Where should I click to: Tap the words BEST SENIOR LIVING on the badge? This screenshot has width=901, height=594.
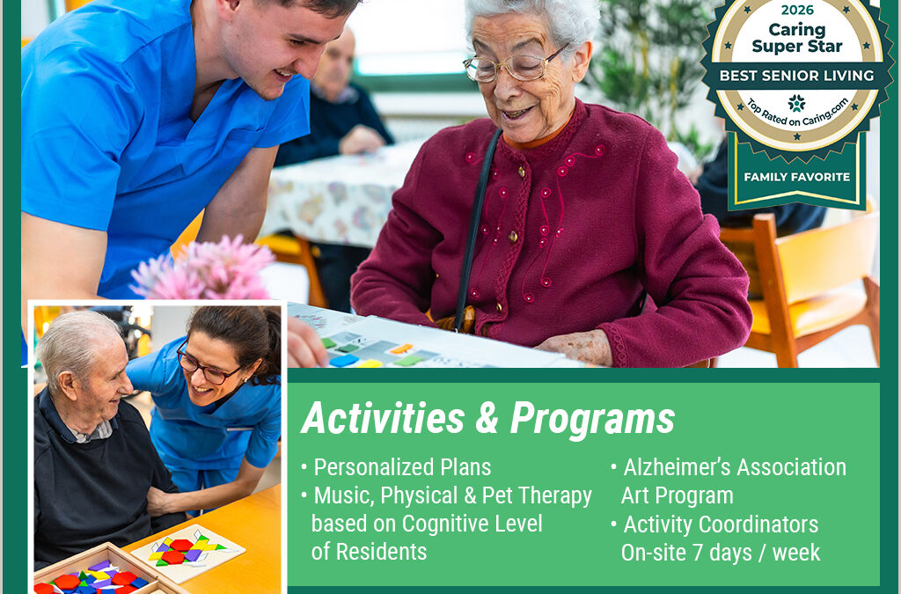pos(796,75)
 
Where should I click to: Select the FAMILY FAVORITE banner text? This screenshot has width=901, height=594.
pos(796,177)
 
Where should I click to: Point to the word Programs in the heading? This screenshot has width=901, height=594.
pos(592,419)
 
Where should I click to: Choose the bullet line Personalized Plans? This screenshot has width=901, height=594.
pos(402,467)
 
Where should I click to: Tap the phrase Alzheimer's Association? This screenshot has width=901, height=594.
pos(735,467)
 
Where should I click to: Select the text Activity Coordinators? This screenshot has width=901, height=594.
pos(721,524)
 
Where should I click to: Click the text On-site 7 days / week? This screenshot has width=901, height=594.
pos(721,553)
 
